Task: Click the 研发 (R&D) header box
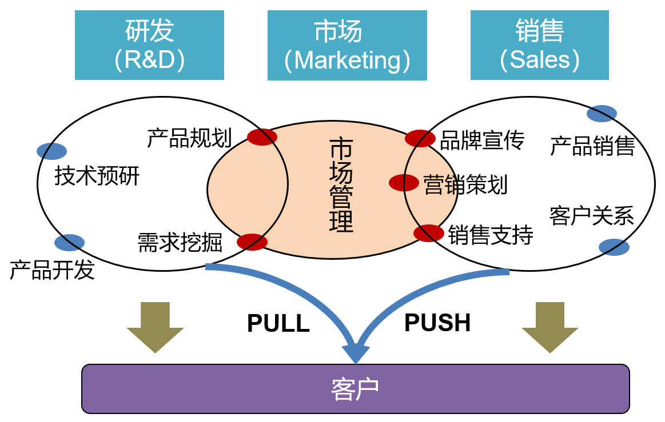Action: pos(149,46)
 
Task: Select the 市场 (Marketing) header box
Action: pos(347,46)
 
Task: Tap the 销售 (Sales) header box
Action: pos(539,46)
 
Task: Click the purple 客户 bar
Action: pos(355,389)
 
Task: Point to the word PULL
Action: pos(278,324)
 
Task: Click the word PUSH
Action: pos(437,323)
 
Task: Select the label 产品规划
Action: pos(189,138)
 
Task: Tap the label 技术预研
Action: pos(97,176)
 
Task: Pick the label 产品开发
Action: pos(52,270)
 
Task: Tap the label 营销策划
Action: pos(465,185)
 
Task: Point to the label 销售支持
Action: pos(491,235)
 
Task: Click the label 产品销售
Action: pos(592,146)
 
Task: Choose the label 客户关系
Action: pos(592,216)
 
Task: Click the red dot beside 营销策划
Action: pos(404,183)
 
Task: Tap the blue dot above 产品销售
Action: pos(602,114)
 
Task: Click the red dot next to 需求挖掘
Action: pos(252,242)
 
